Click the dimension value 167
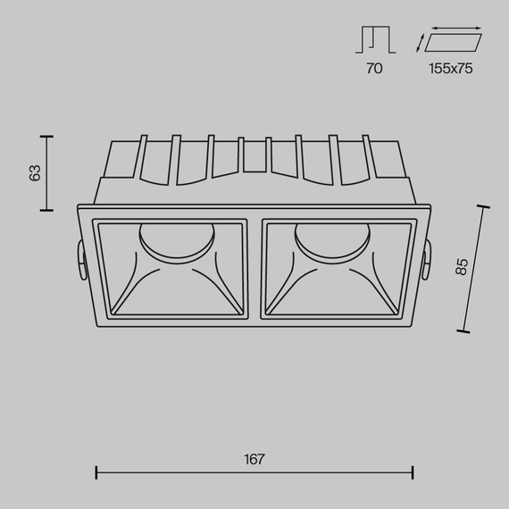(254, 460)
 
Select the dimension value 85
(462, 266)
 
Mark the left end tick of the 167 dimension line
(96, 472)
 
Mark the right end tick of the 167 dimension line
(413, 472)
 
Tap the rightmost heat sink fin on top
(367, 158)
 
